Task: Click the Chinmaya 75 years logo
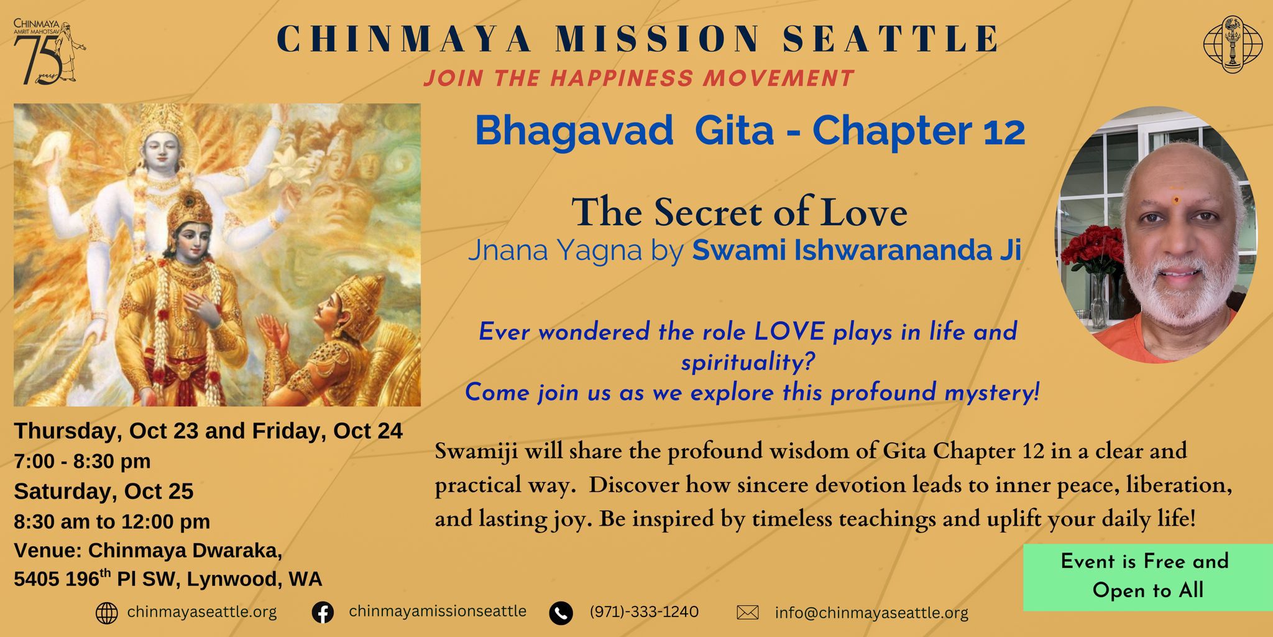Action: (x=49, y=52)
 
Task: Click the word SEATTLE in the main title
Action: (x=889, y=38)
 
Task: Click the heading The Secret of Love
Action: (x=740, y=212)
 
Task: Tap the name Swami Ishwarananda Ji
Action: (x=857, y=250)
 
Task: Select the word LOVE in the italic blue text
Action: (x=789, y=332)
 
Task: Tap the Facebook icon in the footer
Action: (x=323, y=613)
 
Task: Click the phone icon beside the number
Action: (x=561, y=613)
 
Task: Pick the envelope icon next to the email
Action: (x=748, y=613)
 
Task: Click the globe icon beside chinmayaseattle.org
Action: (x=107, y=613)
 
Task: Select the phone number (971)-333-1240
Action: (x=644, y=611)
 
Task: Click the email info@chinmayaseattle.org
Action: (x=871, y=613)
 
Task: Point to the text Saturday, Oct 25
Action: (x=104, y=491)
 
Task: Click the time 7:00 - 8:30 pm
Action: (x=82, y=461)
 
